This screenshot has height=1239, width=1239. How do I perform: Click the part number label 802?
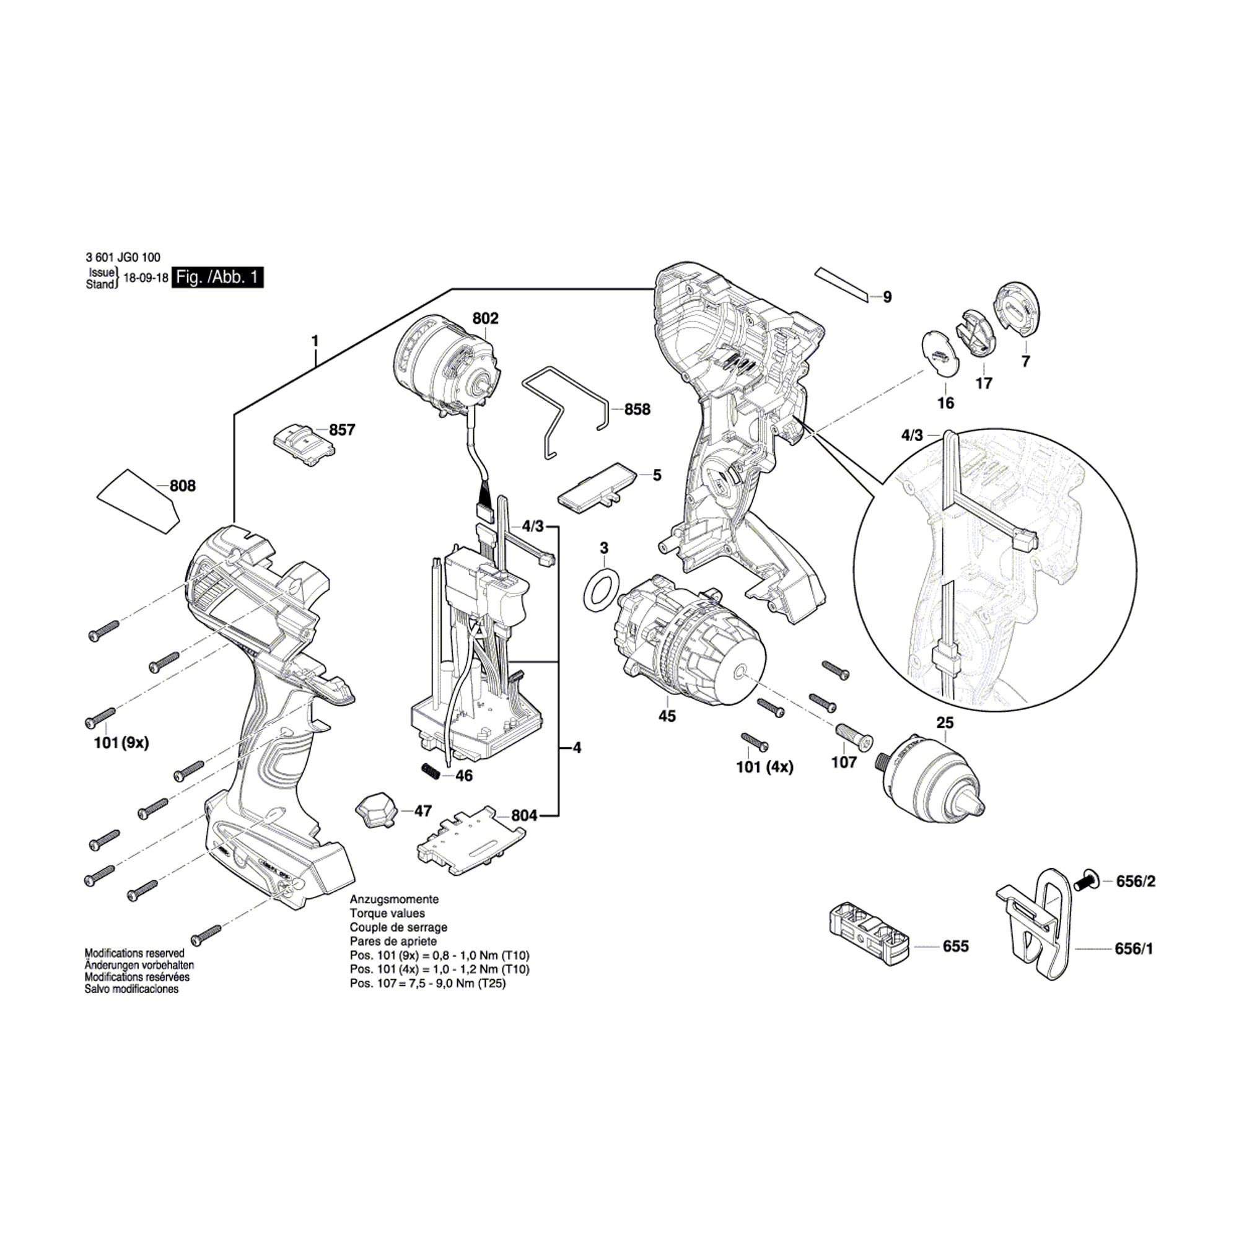485,318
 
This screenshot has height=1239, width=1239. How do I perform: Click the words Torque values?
387,913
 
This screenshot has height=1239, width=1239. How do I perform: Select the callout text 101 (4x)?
764,767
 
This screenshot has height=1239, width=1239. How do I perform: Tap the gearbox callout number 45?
667,716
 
